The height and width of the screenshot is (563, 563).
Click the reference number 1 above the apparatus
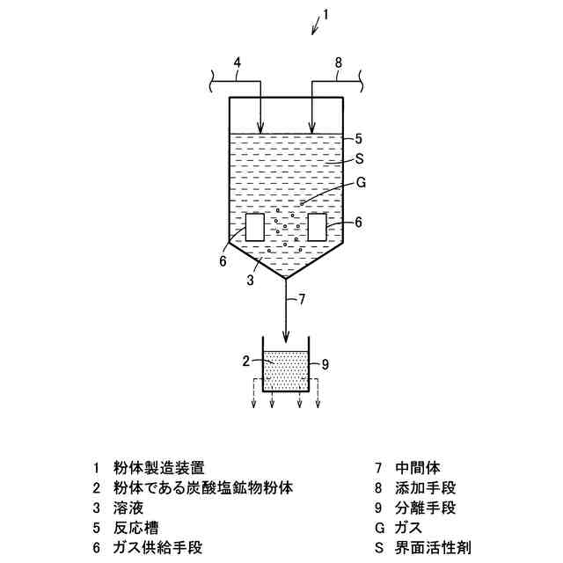(x=325, y=14)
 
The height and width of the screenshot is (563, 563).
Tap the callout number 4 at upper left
(x=236, y=62)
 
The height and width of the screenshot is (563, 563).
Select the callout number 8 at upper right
(x=338, y=62)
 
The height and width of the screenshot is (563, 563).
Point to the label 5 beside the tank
(x=359, y=138)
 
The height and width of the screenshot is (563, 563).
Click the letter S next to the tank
(x=359, y=159)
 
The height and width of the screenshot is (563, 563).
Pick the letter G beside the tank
(x=361, y=182)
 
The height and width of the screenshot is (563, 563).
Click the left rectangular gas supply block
(x=253, y=228)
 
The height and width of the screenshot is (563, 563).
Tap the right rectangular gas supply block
(x=317, y=226)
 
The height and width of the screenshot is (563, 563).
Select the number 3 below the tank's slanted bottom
(x=250, y=281)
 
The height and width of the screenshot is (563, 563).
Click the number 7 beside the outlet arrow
(x=302, y=299)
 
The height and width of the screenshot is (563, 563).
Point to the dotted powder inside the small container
(x=285, y=372)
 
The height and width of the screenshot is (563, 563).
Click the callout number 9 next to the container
(x=325, y=363)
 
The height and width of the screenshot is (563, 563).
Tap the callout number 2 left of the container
(x=247, y=360)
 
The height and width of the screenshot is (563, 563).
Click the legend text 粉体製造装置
(x=165, y=467)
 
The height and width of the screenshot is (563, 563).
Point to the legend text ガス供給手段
(x=158, y=547)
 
